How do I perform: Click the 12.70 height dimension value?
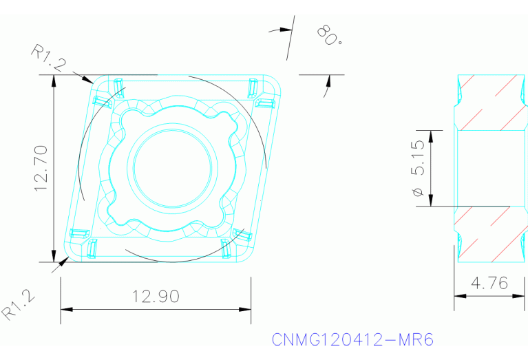[42, 167]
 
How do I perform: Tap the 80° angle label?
[330, 35]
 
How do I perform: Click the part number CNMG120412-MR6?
[352, 340]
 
